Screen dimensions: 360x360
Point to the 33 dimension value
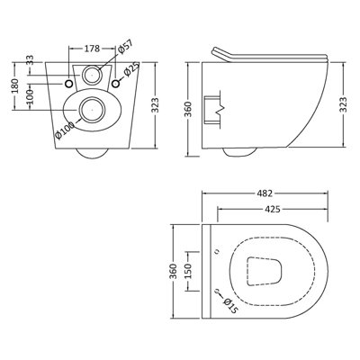30,60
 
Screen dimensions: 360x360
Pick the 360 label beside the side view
186,103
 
